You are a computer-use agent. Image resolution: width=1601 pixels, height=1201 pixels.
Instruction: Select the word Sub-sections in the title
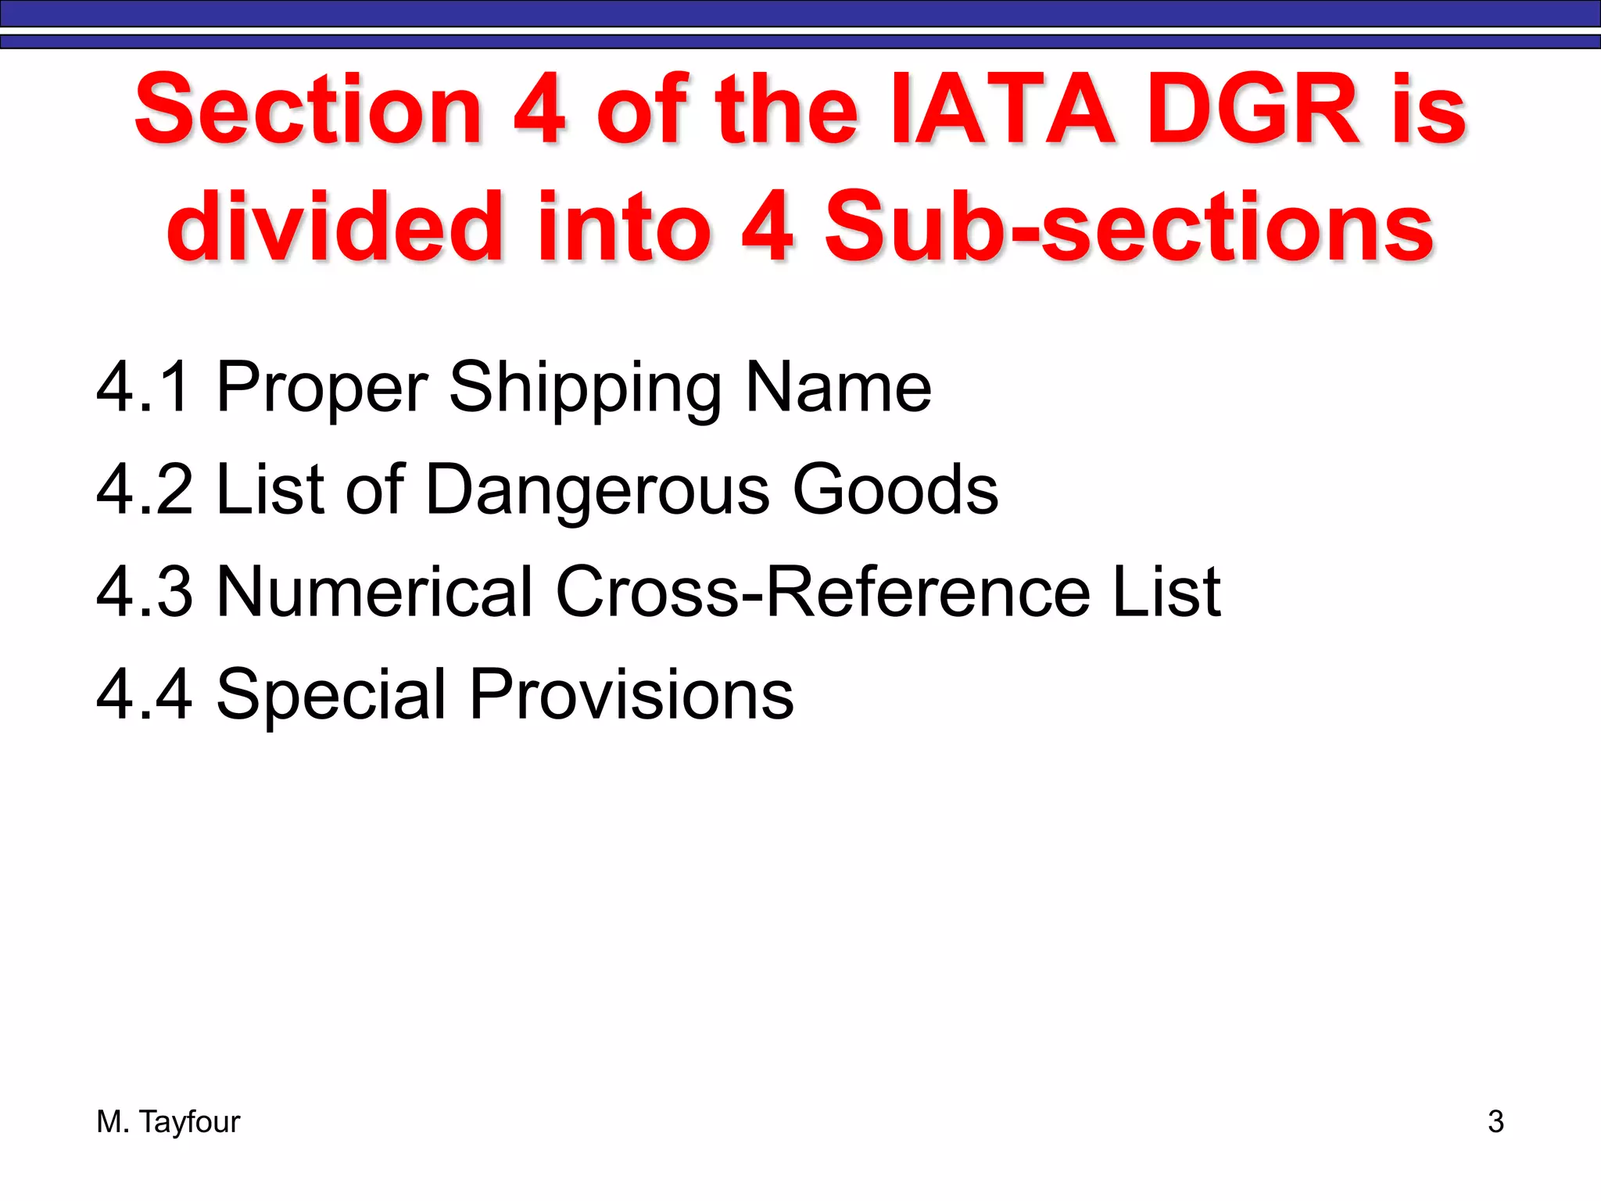click(1129, 228)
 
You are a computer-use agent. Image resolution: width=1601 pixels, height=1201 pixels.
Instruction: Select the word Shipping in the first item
click(586, 389)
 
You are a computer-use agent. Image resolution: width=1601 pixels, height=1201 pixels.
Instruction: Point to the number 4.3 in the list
click(144, 591)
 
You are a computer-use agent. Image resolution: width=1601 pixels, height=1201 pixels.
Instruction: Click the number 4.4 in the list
click(144, 694)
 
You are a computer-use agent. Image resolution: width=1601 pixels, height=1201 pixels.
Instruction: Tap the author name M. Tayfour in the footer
click(168, 1122)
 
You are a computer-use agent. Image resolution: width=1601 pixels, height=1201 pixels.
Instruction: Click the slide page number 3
click(1495, 1122)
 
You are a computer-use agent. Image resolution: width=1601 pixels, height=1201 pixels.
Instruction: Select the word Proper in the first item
click(321, 389)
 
